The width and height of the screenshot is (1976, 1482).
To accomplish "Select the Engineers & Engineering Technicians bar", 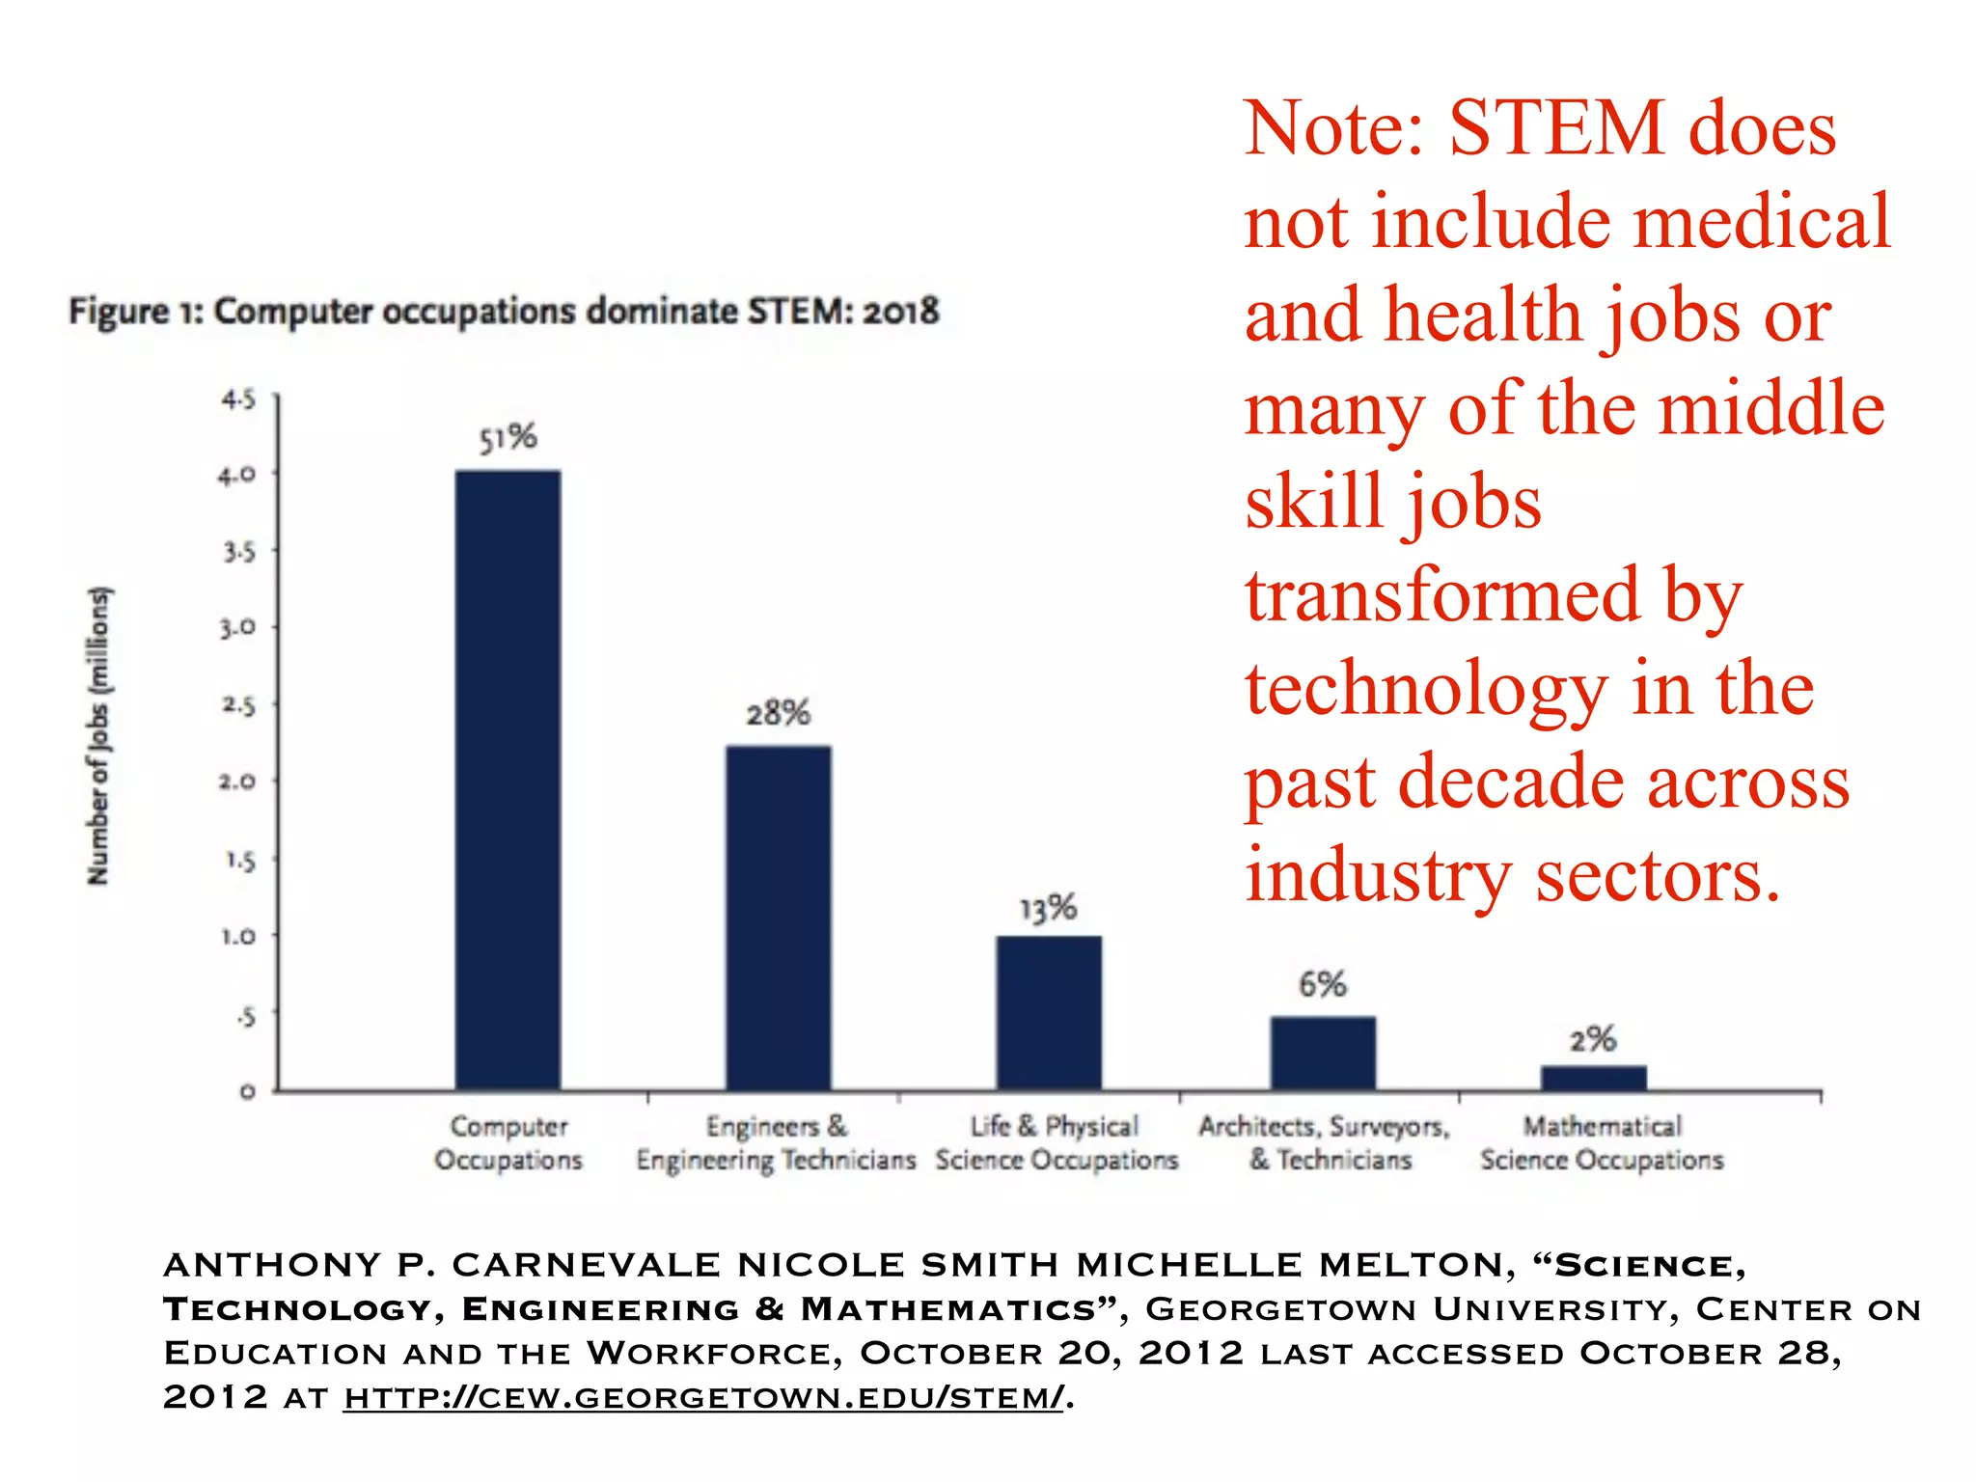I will pos(778,918).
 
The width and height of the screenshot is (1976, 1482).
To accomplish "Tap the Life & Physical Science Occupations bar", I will pos(1049,1012).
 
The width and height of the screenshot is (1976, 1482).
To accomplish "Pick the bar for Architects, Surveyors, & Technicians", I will pos(1323,1053).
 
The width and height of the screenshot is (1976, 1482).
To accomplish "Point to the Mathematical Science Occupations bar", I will pos(1593,1078).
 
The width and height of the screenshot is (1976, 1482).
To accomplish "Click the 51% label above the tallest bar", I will pos(508,438).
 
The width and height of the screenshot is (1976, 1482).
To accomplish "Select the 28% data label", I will pos(778,713).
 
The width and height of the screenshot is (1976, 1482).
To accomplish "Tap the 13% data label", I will pos(1049,908).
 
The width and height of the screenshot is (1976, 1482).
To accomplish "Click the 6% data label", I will pos(1322,984).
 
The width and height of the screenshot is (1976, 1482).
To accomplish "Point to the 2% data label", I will pos(1592,1039).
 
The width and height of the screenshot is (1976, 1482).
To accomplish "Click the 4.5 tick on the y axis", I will pos(238,398).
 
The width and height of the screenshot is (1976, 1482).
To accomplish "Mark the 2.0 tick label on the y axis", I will pos(237,781).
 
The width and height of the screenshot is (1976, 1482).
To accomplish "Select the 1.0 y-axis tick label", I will pos(237,936).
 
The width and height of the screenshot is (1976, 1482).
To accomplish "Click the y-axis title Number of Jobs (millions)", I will pos(98,735).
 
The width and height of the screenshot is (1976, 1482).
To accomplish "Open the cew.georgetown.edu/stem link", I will pos(703,1396).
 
